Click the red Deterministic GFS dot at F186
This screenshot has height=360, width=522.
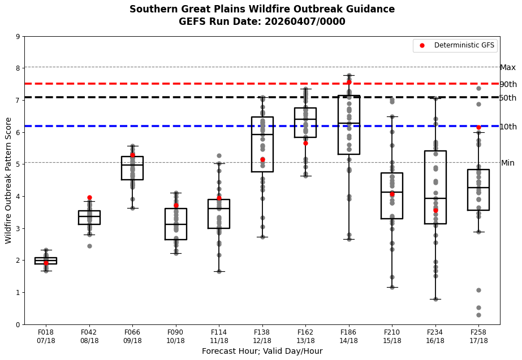(349, 82)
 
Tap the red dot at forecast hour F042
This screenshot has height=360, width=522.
(89, 197)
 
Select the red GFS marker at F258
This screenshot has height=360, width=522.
(478, 127)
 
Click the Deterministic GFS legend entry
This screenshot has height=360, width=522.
(456, 45)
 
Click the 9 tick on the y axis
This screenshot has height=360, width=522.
(18, 37)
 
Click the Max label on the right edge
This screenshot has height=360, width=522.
(507, 68)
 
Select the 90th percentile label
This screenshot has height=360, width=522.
(508, 84)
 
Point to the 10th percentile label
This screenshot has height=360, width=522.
(508, 127)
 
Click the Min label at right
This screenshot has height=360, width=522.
(507, 163)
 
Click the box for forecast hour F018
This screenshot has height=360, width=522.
(46, 261)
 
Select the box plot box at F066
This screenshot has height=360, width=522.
(132, 168)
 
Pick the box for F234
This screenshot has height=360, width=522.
(435, 187)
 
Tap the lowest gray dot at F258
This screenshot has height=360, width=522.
(478, 315)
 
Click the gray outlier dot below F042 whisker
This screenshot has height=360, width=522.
(89, 246)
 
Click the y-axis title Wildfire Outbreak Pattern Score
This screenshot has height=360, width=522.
(8, 180)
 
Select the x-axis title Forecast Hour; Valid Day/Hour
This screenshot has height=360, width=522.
(262, 351)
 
